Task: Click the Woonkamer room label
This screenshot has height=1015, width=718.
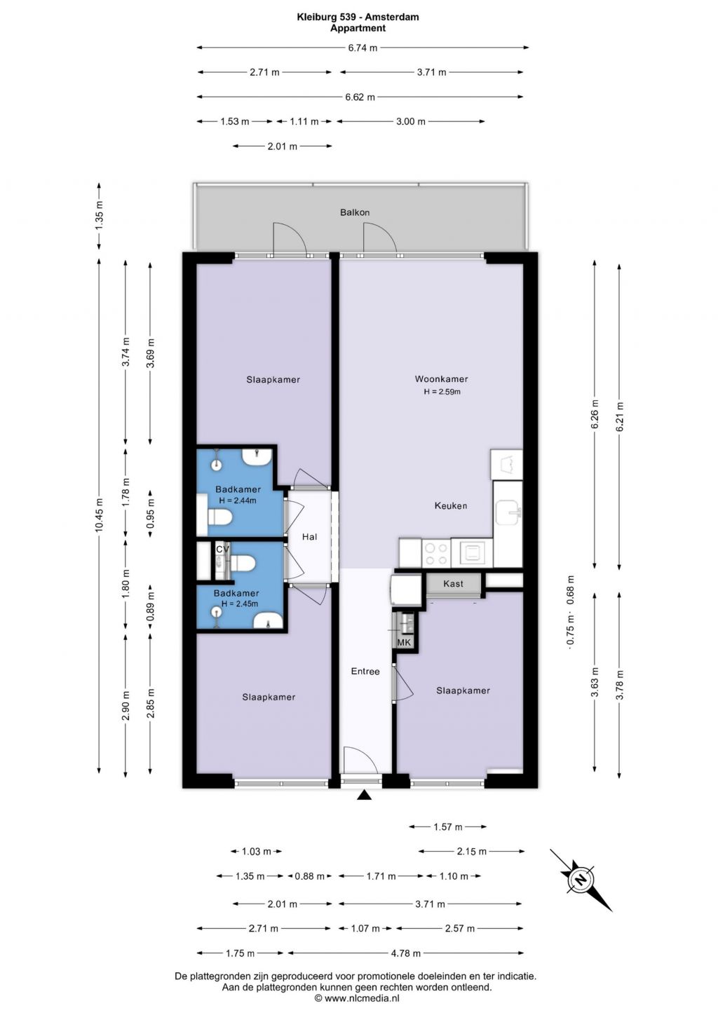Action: pos(441,379)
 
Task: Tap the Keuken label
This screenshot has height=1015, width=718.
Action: pos(451,505)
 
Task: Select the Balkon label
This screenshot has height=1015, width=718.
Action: pos(355,212)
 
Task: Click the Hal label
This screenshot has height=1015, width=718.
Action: pos(310,537)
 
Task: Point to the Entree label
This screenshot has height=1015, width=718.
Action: pos(365,672)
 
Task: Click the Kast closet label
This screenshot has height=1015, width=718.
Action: pos(453,584)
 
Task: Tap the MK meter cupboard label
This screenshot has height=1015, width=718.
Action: pos(404,642)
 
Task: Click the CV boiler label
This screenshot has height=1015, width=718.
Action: pos(222,549)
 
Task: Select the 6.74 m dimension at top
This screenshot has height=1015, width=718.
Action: pos(363,48)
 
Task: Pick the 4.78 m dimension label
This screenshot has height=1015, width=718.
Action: pos(406,953)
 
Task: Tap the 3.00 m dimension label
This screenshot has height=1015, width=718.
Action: pos(411,121)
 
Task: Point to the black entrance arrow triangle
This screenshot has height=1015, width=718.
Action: pos(365,795)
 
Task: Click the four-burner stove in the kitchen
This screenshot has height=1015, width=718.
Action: pos(436,553)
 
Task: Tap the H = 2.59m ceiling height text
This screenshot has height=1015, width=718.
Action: pos(442,392)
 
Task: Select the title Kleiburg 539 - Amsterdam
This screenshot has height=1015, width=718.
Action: pos(358,18)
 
